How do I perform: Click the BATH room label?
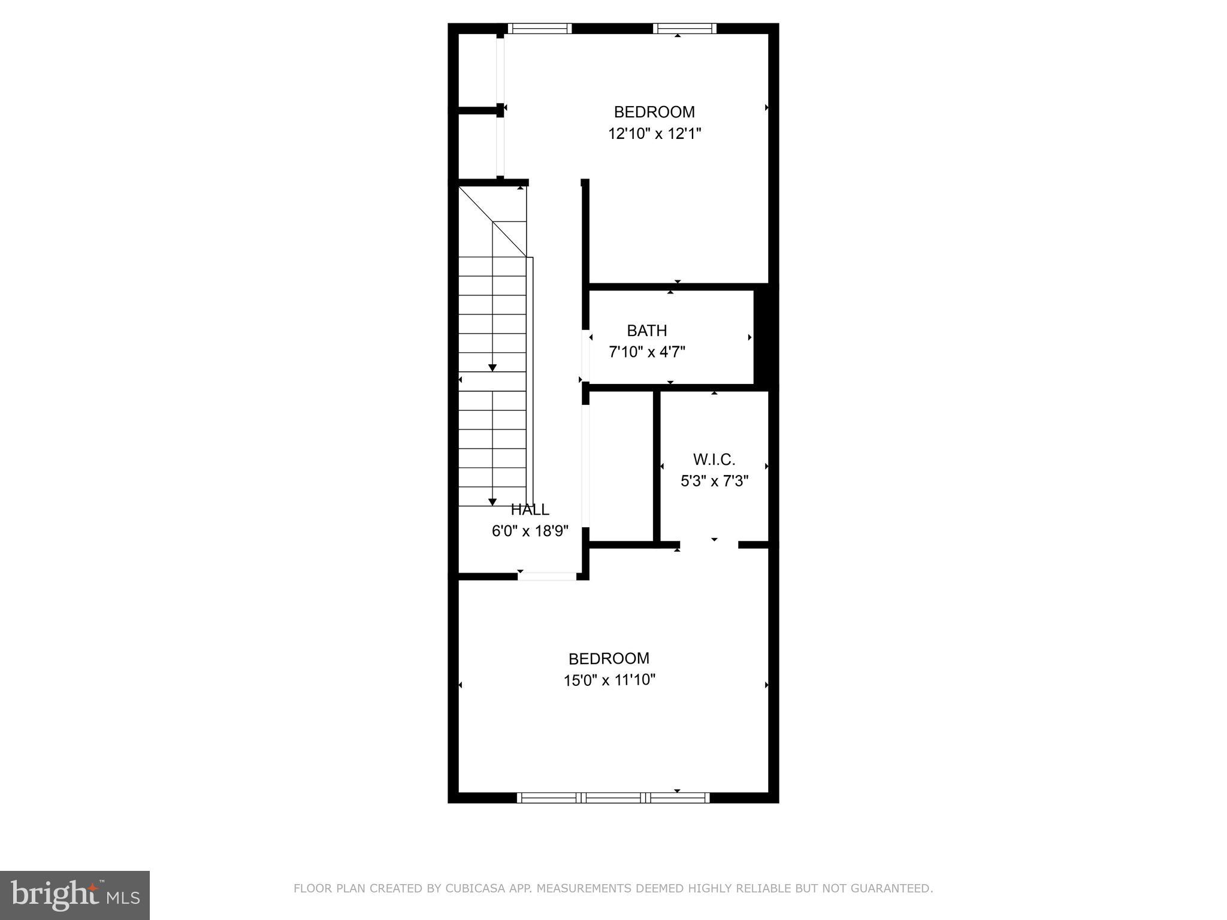tap(646, 331)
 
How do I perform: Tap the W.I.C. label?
tap(714, 459)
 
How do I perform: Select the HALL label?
tap(530, 510)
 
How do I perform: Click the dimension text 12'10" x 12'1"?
tap(654, 134)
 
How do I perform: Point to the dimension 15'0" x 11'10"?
tap(609, 680)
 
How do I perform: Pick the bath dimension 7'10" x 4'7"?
tap(647, 352)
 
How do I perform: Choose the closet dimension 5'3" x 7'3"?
tap(715, 481)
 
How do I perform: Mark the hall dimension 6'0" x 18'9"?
tap(530, 531)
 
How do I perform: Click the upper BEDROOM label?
tap(654, 112)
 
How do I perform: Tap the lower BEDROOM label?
tap(609, 659)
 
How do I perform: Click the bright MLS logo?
tap(75, 895)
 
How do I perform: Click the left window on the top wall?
tap(540, 28)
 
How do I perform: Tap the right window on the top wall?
tap(685, 28)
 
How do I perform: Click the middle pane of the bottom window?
tap(613, 797)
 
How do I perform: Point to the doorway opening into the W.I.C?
tap(709, 544)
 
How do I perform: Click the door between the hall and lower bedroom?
tap(547, 576)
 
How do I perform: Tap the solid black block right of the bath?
tap(765, 337)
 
